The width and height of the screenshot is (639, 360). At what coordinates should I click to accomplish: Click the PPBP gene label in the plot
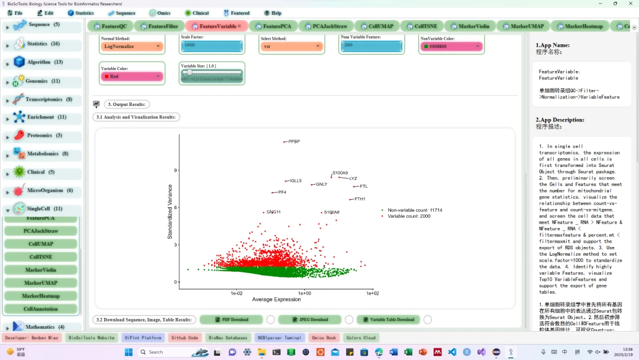294,142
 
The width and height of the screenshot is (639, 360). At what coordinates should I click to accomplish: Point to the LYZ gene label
353,178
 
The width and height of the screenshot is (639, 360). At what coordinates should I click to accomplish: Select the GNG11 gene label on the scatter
273,212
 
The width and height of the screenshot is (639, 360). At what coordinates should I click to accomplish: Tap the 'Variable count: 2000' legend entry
409,216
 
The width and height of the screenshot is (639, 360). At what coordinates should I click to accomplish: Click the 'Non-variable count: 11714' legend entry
414,210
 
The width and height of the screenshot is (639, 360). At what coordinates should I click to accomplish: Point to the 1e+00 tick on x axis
304,293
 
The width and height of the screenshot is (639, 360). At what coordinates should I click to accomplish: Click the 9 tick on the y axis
175,171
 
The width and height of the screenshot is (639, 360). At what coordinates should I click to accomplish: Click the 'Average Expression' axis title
276,300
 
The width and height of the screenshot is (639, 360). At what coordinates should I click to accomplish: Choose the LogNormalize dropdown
132,46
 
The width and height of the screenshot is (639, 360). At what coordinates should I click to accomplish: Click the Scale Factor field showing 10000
212,46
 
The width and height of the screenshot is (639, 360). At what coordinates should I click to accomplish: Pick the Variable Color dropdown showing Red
132,76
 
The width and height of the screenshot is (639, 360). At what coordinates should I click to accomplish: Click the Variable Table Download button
388,320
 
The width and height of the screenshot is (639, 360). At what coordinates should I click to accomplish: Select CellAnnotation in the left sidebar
41,309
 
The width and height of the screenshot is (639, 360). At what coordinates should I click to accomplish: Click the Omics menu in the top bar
160,13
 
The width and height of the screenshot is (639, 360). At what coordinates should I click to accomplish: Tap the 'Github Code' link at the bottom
185,337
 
